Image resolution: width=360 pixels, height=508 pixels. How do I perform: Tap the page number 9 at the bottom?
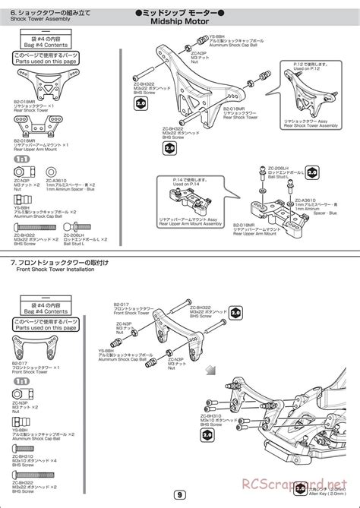178,496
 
